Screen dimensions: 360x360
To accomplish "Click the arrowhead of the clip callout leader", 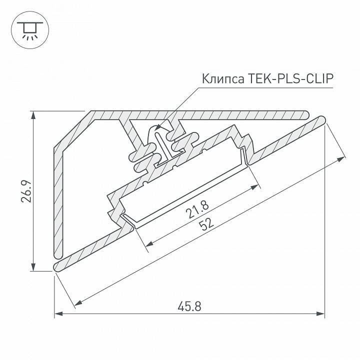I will (x=156, y=129).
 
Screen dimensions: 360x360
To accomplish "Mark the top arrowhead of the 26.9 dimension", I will (x=33, y=114).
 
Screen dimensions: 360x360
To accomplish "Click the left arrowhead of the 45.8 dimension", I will (x=58, y=314).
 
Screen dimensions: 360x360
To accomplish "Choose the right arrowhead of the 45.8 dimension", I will (x=321, y=314).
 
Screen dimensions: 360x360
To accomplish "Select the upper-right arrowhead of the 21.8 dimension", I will (x=256, y=187).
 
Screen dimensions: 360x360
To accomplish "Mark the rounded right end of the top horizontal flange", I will (x=306, y=114).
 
